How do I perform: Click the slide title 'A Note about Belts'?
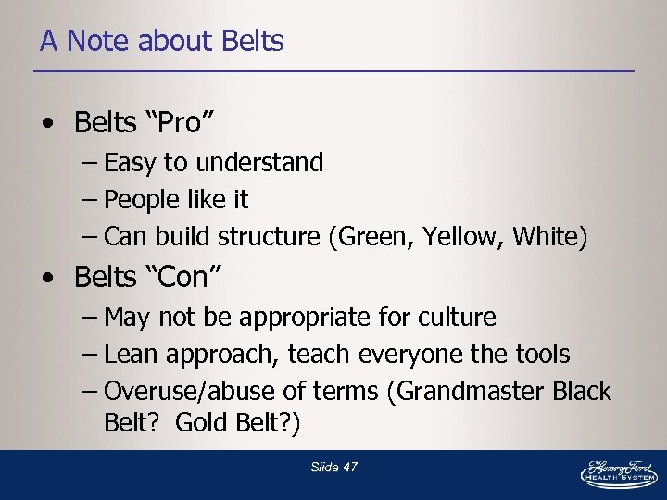(x=161, y=42)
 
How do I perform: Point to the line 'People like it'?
(x=176, y=200)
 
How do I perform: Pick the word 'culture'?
(x=460, y=318)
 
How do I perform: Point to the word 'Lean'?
(x=131, y=355)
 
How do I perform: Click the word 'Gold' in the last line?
(x=197, y=423)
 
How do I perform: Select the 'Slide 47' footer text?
(x=333, y=468)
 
